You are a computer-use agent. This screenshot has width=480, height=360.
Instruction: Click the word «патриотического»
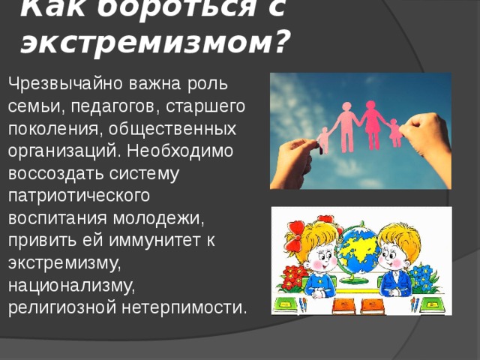79,194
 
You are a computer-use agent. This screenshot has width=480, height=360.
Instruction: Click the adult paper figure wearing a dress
371,124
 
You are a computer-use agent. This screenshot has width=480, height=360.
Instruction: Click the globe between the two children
358,251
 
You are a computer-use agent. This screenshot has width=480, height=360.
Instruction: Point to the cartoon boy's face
393,259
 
